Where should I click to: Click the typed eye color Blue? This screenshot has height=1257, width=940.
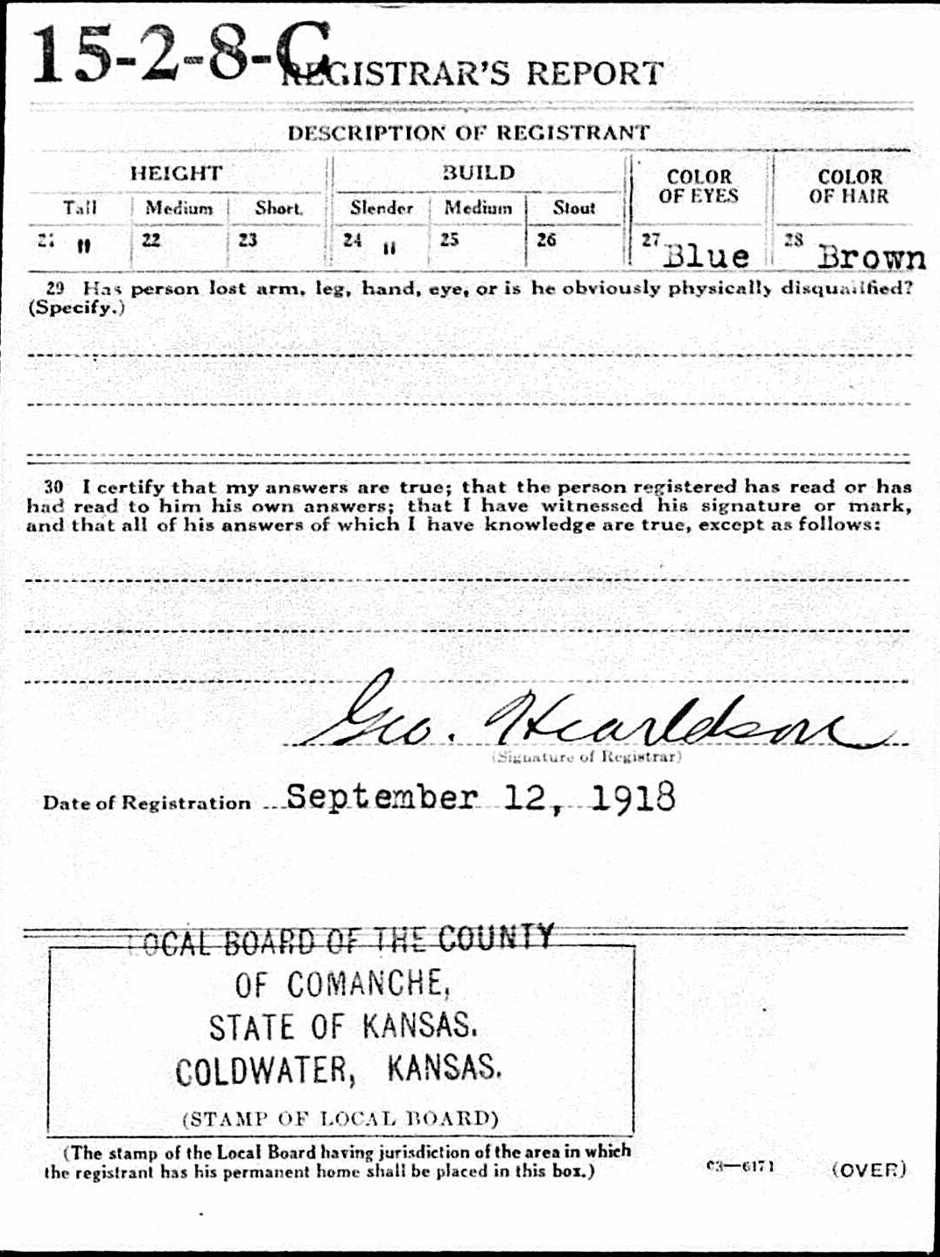coord(706,256)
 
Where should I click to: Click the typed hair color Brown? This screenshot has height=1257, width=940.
coord(871,256)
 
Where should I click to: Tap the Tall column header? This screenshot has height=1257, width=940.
coord(80,207)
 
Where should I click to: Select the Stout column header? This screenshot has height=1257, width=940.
coord(573,207)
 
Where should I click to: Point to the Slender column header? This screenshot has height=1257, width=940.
coord(381,207)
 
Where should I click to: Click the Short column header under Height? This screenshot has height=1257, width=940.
coord(278,207)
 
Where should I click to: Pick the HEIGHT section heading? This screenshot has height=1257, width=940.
coord(176,172)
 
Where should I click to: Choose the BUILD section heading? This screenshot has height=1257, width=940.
coord(478,172)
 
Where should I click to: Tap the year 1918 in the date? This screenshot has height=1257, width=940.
coord(633,797)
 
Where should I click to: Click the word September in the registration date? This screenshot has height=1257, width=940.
coord(382,797)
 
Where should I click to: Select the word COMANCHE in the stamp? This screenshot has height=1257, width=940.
coord(368,985)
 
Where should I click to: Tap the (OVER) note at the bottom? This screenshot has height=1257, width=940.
coord(869,1169)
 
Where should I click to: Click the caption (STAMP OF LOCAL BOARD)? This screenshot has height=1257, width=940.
coord(340,1118)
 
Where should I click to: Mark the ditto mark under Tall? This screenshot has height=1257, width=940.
coord(84,246)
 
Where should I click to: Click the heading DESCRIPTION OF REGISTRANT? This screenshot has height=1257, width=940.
coord(468,133)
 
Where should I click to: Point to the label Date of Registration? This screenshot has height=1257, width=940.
coord(146,803)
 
